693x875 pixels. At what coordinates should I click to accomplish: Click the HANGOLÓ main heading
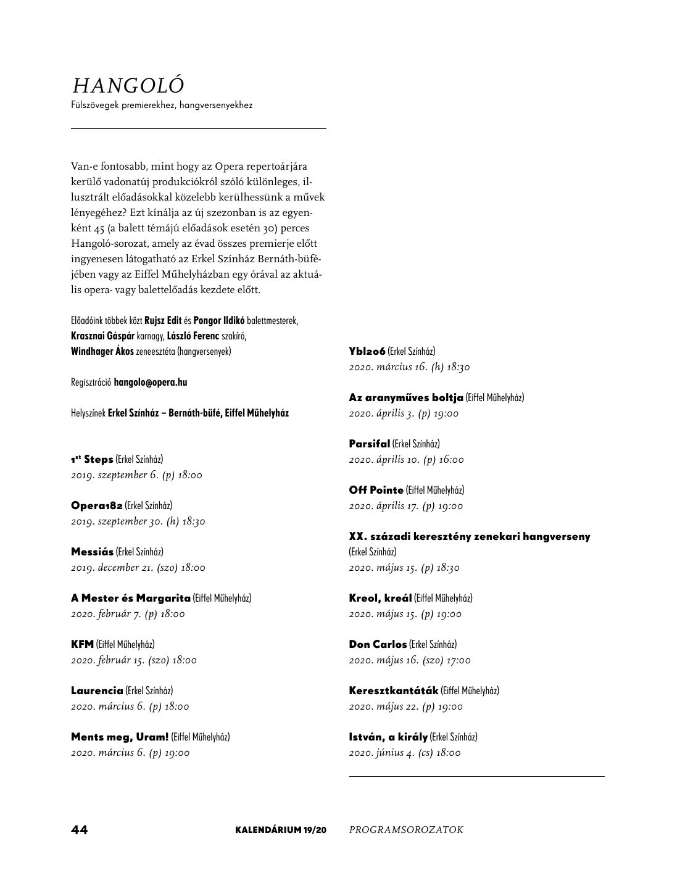pos(128,86)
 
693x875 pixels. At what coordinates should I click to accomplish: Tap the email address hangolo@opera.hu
pos(151,382)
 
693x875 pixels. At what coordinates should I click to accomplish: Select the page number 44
pos(80,830)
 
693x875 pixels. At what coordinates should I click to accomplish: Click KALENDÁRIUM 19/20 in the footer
pos(280,830)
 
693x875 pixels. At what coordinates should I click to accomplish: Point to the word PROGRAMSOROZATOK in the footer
pos(406,830)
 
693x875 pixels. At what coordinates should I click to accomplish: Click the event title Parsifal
pos(370,444)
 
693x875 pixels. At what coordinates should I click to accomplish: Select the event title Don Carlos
pos(378,644)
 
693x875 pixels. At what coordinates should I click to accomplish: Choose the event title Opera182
pos(97,505)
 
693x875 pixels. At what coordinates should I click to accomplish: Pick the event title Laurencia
pos(97,690)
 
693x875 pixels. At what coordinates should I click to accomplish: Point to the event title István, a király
pos(388,737)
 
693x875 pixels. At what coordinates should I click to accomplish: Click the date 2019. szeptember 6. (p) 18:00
pos(136,475)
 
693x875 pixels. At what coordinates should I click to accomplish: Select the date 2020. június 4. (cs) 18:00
pos(405,753)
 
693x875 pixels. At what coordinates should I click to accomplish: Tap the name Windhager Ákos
pos(102,351)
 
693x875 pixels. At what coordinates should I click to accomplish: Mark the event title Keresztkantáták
pos(394,690)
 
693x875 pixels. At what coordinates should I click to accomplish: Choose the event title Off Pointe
pos(376,490)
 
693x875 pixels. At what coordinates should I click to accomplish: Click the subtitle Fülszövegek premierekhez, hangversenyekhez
pos(162,106)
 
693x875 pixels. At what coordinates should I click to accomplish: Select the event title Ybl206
pos(367,351)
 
